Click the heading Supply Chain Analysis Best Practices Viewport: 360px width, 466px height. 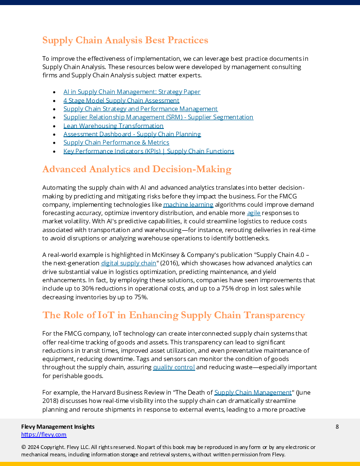tap(125, 41)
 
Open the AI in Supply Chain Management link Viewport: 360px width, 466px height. tap(132, 92)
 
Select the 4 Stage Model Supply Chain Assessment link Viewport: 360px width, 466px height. tap(121, 100)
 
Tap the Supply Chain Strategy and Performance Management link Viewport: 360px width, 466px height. tap(140, 109)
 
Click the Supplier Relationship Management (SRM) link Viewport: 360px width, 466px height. tap(158, 117)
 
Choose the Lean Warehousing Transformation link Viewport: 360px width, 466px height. tap(113, 126)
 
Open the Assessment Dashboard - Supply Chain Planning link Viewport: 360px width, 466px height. tap(132, 134)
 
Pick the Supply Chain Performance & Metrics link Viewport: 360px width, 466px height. tap(116, 143)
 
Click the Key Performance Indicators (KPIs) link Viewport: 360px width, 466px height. tap(149, 151)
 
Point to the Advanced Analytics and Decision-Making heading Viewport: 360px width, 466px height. tap(137, 169)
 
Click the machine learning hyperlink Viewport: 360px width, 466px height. tap(188, 204)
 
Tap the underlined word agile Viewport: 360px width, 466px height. tap(254, 213)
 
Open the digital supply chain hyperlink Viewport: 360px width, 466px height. tap(128, 263)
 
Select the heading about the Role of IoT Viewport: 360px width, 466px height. tap(174, 315)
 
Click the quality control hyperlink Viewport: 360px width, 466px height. tap(174, 367)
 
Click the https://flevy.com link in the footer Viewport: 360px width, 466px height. tap(44, 435)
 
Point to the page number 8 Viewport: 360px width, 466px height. tap(337, 427)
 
